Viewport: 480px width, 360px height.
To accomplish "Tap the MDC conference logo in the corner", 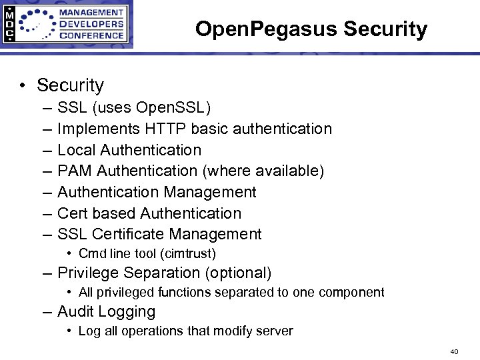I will (x=66, y=25).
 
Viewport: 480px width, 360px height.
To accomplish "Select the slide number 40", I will (x=455, y=351).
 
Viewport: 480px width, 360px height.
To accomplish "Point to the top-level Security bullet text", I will (x=70, y=85).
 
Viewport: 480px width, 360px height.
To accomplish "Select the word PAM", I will (x=75, y=171).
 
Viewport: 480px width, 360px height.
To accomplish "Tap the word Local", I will (x=75, y=150).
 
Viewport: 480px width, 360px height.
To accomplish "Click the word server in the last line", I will (x=275, y=331).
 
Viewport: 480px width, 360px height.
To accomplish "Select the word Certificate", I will (x=129, y=234).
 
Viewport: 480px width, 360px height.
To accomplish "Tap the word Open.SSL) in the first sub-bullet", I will (x=173, y=107).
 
